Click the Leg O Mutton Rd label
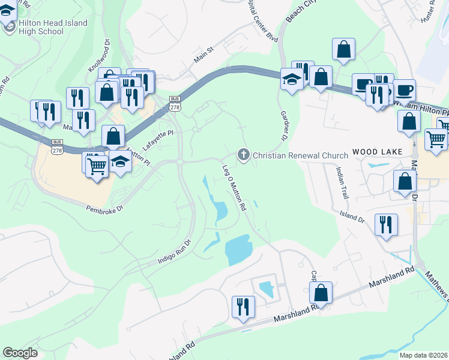tap(235, 188)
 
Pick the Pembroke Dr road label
tap(104, 208)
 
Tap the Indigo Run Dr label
tap(173, 251)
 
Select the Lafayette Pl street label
tap(158, 140)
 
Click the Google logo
tap(20, 353)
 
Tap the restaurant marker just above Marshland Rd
tap(243, 306)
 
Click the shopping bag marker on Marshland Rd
tap(322, 293)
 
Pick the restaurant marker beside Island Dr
tap(386, 224)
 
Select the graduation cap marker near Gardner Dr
tap(292, 80)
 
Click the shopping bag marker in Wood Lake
tap(405, 181)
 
